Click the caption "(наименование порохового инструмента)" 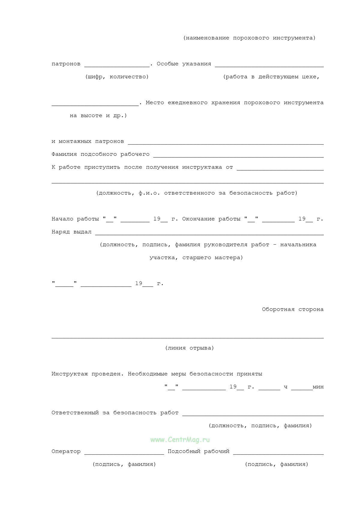click(249, 38)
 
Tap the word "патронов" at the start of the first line click(66, 64)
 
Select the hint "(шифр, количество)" click(117, 77)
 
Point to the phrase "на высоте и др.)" click(98, 115)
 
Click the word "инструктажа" click(202, 167)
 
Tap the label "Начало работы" click(75, 219)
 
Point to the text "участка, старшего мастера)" click(196, 258)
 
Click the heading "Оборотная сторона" click(292, 309)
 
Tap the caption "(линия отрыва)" click(189, 348)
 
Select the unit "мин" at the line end click(318, 387)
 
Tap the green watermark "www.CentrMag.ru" click(180, 440)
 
